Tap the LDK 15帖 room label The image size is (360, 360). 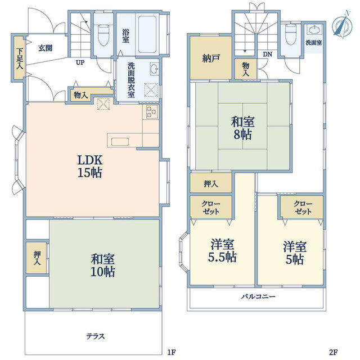point(90,166)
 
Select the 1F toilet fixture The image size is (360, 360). point(103,34)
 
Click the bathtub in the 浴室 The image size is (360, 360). point(147,34)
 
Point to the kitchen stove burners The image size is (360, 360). point(151,112)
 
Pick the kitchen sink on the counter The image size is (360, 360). point(120,142)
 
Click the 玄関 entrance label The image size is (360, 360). point(45,48)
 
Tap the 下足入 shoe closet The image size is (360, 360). point(20,58)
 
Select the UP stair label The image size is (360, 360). point(80,62)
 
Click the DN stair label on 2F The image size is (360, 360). point(268,54)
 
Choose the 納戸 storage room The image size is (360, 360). point(211,57)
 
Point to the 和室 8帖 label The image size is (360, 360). point(242,128)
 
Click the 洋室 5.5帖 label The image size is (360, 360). point(222,250)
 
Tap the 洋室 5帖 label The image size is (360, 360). point(295,253)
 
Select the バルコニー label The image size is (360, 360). point(258,296)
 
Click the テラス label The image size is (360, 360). point(96,336)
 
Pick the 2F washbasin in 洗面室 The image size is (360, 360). point(314,30)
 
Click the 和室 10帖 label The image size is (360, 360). point(102,265)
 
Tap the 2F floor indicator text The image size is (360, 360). point(334,352)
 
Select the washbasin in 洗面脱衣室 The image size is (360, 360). point(154,68)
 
